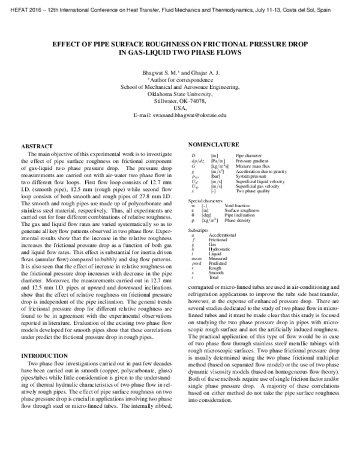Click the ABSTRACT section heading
tap(38, 147)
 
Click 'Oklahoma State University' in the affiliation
tap(179, 93)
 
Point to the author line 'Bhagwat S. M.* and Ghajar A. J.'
tap(179, 71)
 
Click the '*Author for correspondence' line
tap(179, 79)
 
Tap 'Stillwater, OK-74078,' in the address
tap(179, 100)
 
